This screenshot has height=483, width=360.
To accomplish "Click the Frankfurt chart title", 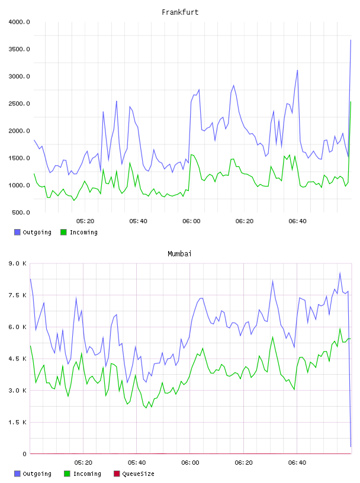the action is click(180, 12).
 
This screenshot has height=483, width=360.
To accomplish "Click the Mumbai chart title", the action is click(179, 254).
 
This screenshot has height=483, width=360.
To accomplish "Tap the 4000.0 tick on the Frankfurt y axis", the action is click(19, 22).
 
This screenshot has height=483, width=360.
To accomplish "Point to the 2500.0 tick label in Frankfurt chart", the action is click(19, 104).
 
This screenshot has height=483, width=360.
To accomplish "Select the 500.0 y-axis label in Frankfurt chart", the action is click(21, 212).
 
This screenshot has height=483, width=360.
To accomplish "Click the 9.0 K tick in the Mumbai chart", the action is click(18, 263).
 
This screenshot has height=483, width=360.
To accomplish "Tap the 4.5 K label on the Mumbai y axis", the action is click(18, 359).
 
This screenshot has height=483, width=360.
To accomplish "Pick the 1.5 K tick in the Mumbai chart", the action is click(18, 422).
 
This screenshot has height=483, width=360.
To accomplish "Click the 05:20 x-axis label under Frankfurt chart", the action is click(85, 221).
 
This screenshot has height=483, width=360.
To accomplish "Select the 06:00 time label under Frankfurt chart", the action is click(191, 221).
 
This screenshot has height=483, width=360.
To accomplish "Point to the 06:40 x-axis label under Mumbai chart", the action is click(297, 463).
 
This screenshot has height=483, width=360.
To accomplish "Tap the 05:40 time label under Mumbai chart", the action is click(137, 463).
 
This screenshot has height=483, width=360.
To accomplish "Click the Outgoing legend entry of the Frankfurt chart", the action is click(33, 232).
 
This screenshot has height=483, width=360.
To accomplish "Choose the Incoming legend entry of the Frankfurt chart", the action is click(79, 232).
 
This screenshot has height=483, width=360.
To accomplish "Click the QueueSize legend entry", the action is click(134, 474).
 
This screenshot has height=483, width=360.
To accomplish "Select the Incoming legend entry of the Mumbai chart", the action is click(83, 474).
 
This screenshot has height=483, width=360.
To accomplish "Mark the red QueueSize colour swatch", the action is click(117, 474).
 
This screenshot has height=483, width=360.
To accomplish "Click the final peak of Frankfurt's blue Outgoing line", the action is click(351, 40).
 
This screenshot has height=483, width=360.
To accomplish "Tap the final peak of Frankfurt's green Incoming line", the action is click(351, 102).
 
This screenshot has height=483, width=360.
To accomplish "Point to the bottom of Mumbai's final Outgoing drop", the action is click(351, 446).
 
